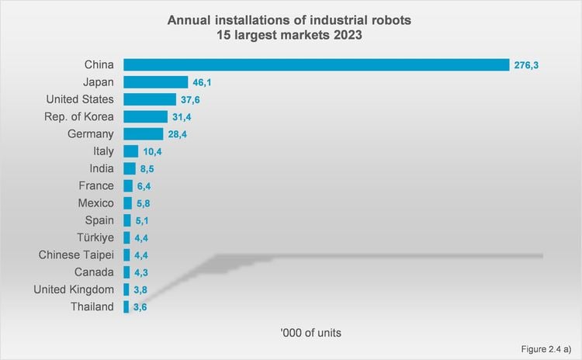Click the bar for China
pyautogui.click(x=315, y=64)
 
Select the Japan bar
pyautogui.click(x=155, y=81)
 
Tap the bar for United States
pyautogui.click(x=150, y=99)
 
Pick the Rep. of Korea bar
pyautogui.click(x=145, y=116)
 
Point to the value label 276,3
pyautogui.click(x=525, y=64)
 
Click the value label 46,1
pyautogui.click(x=203, y=81)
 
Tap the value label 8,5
pyautogui.click(x=148, y=168)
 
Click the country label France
pyautogui.click(x=96, y=185)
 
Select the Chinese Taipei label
pyautogui.click(x=77, y=254)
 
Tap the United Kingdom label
pyautogui.click(x=74, y=289)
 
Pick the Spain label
pyautogui.click(x=99, y=220)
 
